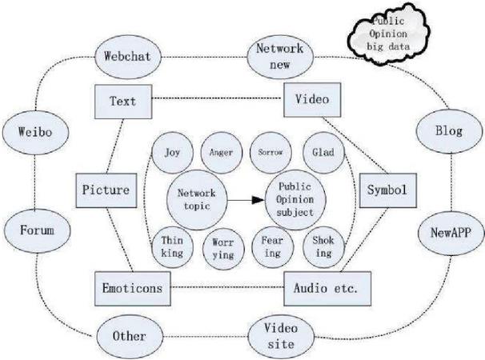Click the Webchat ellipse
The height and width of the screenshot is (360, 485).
coord(128,57)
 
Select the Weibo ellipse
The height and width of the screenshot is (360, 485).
coord(35,132)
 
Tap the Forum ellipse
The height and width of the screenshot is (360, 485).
coord(38,230)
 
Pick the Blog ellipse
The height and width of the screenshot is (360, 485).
coord(449,131)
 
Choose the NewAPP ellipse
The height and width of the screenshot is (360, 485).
coord(451,233)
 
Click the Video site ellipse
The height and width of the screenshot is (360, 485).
coord(281,337)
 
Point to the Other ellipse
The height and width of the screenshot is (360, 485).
coord(130,337)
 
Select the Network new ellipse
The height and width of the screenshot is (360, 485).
coord(280,57)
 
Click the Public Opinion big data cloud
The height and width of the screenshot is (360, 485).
coord(388,34)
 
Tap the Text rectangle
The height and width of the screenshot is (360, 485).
coord(123,102)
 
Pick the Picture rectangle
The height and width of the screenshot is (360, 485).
coord(106,190)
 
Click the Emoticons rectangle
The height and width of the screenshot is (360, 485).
coord(132,289)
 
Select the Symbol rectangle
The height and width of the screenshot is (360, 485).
coord(388,190)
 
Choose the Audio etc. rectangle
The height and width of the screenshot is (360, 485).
coord(327,289)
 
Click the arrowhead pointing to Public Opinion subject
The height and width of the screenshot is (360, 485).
coord(259,200)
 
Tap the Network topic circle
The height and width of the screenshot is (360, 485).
coord(197,200)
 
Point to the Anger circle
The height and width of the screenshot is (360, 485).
coord(221,153)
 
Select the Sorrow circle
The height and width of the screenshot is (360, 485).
coord(271,153)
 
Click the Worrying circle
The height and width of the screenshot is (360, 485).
coord(223,249)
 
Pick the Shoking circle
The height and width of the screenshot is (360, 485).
coord(323,247)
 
